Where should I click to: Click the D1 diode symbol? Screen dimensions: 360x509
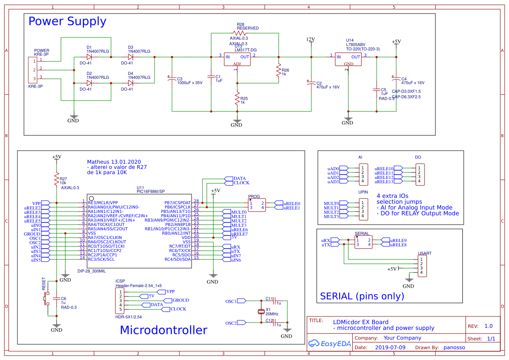pyautogui.click(x=89, y=57)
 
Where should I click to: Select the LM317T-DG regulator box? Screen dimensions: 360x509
pyautogui.click(x=237, y=59)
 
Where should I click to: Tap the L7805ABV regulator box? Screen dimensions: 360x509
pyautogui.click(x=348, y=59)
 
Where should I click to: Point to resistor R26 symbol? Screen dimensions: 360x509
pyautogui.click(x=278, y=71)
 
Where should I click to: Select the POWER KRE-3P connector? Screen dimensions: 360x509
pyautogui.click(x=32, y=69)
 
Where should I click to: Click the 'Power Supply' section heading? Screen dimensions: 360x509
pyautogui.click(x=67, y=21)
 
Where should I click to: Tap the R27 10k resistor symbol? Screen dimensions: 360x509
pyautogui.click(x=56, y=179)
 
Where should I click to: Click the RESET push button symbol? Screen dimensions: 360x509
pyautogui.click(x=47, y=299)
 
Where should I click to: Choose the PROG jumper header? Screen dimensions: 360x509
pyautogui.click(x=256, y=205)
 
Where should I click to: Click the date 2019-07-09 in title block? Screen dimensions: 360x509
pyautogui.click(x=390, y=348)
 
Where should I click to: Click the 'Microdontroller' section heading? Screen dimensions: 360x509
pyautogui.click(x=163, y=330)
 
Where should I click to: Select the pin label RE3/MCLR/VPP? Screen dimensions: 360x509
pyautogui.click(x=103, y=202)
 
